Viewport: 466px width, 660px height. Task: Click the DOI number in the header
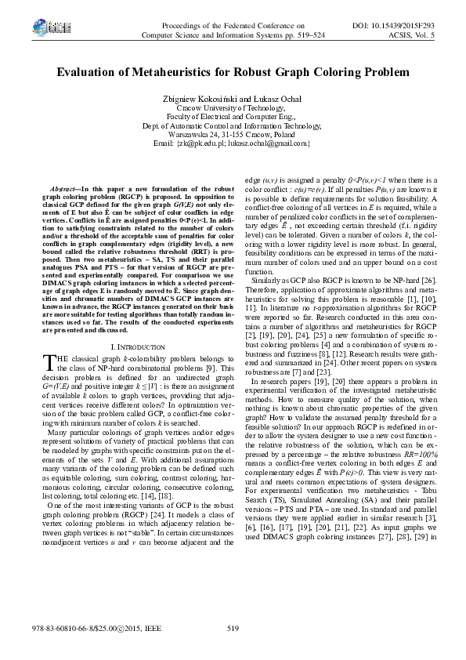[x=406, y=26]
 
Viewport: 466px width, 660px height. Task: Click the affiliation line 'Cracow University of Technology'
[x=233, y=108]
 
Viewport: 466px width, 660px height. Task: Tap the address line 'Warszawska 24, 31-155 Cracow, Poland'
[x=233, y=134]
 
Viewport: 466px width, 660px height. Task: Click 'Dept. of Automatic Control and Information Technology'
[x=233, y=125]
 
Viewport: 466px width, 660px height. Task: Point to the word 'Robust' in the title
[x=257, y=72]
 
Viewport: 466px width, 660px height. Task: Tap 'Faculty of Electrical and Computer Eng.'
[x=233, y=117]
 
